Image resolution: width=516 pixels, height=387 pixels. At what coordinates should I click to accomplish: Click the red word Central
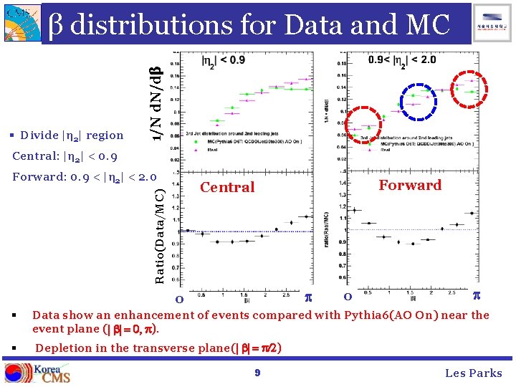tap(227, 188)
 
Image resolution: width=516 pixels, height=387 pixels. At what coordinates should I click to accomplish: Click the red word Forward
tap(410, 185)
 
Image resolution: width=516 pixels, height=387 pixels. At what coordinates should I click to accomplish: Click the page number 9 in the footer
tap(258, 373)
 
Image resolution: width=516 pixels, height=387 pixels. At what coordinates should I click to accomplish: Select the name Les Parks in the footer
tap(474, 373)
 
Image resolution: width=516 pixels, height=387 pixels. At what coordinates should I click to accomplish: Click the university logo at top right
tap(494, 21)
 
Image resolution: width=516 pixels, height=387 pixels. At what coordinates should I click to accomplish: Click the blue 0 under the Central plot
tap(180, 297)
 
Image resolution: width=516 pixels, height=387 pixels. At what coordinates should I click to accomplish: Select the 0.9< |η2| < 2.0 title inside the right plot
tap(401, 59)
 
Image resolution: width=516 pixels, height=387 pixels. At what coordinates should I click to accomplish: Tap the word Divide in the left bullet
tap(35, 135)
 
